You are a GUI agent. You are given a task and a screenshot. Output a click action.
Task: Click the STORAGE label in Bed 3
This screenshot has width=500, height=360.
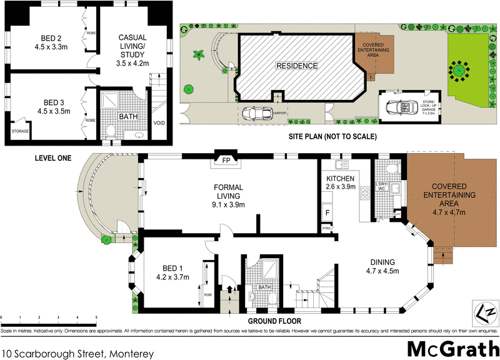pyautogui.click(x=19, y=131)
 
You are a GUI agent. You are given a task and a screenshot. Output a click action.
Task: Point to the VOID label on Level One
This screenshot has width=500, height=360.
pyautogui.click(x=159, y=123)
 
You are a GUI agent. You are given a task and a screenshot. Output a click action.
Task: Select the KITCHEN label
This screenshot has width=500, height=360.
pyautogui.click(x=341, y=178)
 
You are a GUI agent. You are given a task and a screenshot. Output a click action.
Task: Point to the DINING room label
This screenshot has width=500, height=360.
pyautogui.click(x=382, y=262)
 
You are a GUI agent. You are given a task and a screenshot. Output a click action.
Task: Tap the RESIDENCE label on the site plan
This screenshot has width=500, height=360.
pyautogui.click(x=297, y=66)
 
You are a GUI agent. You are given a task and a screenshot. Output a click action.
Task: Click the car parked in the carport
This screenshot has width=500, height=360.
pyautogui.click(x=256, y=113)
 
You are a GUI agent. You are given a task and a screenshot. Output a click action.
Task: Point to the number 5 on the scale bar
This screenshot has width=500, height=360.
pyautogui.click(x=96, y=318)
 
